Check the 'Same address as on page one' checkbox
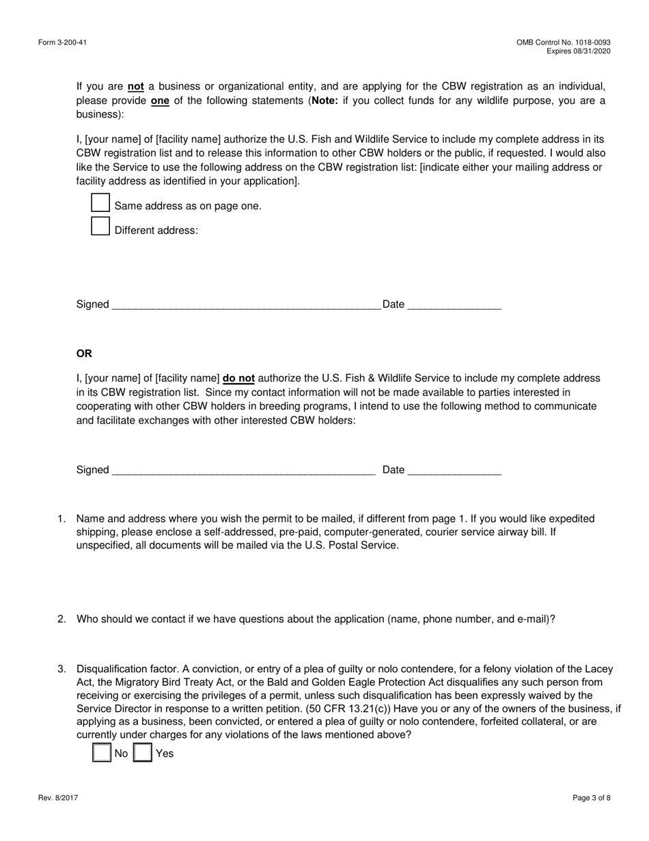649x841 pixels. [100, 202]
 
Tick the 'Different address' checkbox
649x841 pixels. [100, 226]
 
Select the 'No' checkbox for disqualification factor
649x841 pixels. [102, 753]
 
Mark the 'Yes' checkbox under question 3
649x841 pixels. [142, 753]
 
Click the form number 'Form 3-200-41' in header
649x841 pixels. [62, 43]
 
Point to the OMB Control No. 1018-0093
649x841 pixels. [564, 43]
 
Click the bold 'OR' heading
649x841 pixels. [84, 353]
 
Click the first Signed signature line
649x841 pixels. [246, 305]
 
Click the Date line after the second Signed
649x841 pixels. [454, 470]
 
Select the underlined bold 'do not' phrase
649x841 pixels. [238, 378]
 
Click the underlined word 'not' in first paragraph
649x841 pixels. [136, 87]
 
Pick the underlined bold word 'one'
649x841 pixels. [160, 101]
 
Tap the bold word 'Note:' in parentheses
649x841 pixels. [325, 101]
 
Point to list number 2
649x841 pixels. [61, 619]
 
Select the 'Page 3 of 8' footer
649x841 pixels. [592, 797]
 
